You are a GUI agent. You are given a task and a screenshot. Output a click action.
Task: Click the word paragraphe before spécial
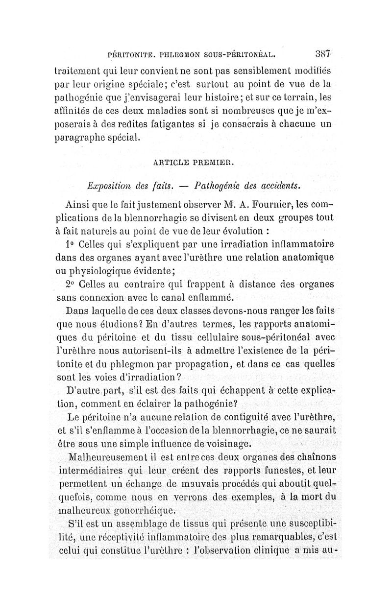[83, 135]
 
